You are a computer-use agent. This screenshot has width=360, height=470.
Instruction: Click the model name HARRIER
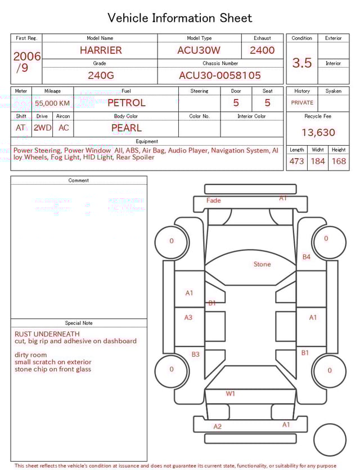[x=101, y=50]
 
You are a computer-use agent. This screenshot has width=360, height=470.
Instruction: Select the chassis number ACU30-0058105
[x=220, y=75]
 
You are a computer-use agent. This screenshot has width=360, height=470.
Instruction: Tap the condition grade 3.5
[x=302, y=62]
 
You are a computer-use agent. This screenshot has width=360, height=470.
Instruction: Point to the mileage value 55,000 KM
[x=52, y=103]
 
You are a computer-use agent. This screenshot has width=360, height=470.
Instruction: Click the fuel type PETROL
[x=127, y=102]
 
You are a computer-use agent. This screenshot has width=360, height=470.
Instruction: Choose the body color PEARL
[x=127, y=128]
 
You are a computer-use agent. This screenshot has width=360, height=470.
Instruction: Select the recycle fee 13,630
[x=318, y=132]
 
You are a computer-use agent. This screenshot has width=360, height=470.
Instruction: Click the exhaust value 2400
[x=262, y=50]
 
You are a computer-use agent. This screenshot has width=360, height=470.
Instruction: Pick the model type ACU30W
[x=199, y=50]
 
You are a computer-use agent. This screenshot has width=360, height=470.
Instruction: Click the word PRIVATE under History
[x=302, y=103]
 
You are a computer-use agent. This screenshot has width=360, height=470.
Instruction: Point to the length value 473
[x=296, y=161]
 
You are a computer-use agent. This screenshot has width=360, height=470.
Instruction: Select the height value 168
[x=339, y=161]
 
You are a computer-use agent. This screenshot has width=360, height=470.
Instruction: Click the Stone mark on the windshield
[x=262, y=264]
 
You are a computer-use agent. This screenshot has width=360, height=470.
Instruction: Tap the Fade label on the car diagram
[x=214, y=200]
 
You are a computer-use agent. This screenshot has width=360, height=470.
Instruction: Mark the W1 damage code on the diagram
[x=231, y=393]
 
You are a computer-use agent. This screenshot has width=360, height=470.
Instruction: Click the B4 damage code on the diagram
[x=307, y=257]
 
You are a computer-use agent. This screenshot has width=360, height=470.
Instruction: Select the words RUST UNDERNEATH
[x=47, y=334]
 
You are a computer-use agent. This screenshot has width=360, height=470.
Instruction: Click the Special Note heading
[x=79, y=323]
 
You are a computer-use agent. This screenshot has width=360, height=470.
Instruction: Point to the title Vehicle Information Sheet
[x=180, y=18]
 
